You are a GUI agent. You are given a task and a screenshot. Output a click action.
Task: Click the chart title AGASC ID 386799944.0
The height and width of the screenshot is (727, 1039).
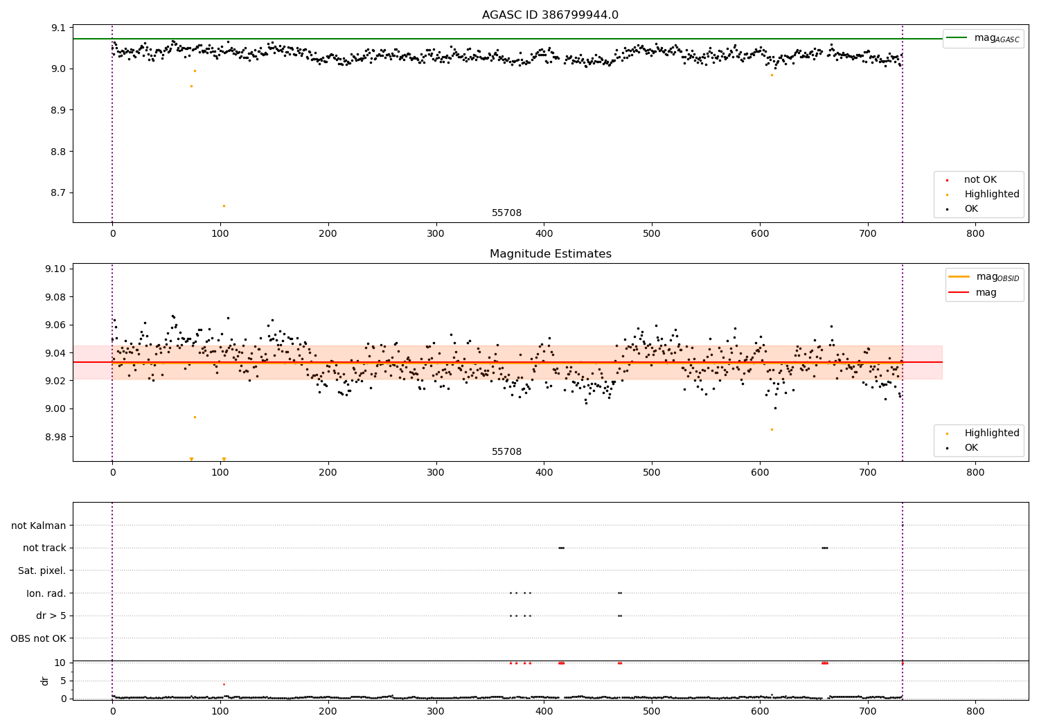click(550, 15)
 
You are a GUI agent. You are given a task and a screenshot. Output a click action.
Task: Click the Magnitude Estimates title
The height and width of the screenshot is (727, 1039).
click(550, 254)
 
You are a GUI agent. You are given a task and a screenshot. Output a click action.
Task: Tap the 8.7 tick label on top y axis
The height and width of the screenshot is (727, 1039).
click(58, 192)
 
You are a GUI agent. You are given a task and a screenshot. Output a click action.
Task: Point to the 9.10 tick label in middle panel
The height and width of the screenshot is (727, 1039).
click(55, 269)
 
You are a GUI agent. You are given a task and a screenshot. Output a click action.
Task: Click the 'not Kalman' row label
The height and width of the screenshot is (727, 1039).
click(38, 526)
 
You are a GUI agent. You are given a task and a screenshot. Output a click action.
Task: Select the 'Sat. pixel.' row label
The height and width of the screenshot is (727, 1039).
click(42, 571)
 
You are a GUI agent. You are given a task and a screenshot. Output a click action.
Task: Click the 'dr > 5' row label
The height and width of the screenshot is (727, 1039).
click(51, 616)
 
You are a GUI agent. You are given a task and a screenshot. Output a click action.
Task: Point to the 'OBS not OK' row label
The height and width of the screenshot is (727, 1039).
click(38, 638)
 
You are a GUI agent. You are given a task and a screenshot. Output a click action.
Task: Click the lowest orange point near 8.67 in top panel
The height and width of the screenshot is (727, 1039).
click(224, 206)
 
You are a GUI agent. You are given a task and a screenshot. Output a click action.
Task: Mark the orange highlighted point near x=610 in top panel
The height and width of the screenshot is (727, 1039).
click(772, 75)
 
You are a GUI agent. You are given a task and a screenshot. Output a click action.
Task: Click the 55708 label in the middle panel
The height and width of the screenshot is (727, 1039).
click(506, 452)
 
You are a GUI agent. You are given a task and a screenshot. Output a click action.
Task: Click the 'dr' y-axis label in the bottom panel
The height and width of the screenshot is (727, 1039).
click(45, 681)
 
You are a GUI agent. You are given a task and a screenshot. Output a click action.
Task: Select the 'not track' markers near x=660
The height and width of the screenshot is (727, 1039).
click(824, 548)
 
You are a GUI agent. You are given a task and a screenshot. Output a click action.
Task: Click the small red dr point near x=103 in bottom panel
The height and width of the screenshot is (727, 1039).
click(224, 684)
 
